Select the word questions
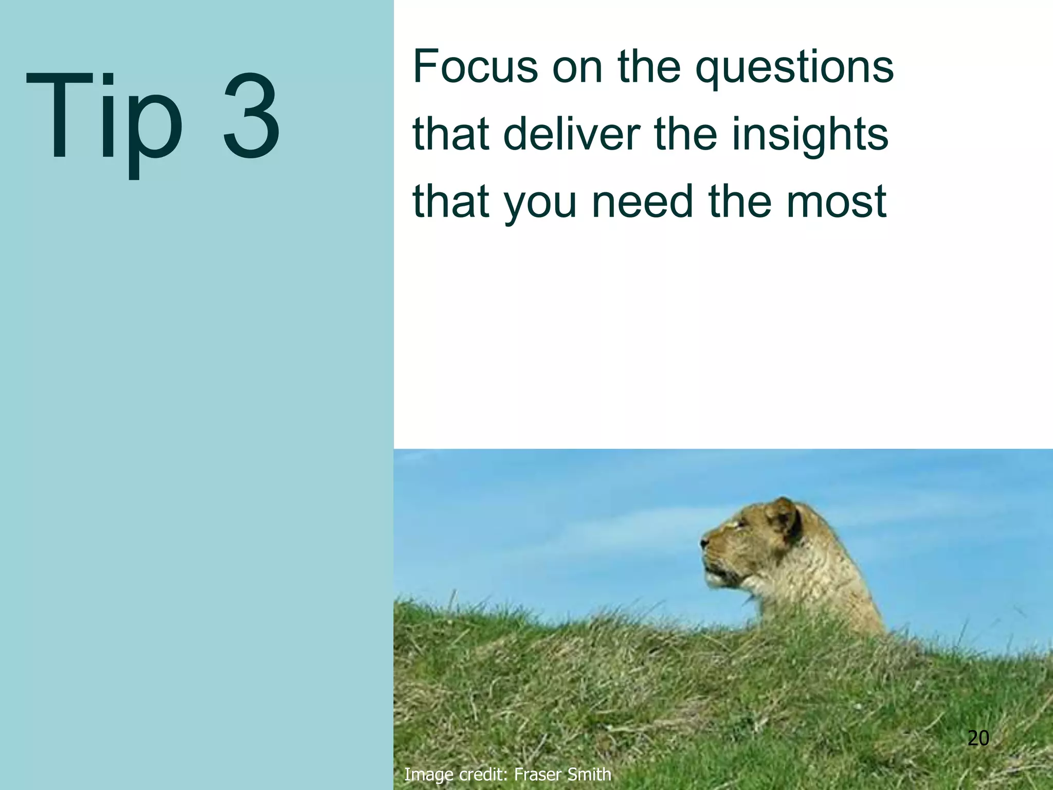(x=794, y=69)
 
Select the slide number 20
(x=978, y=739)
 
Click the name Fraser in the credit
(x=538, y=774)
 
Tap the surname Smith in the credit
(x=589, y=774)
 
